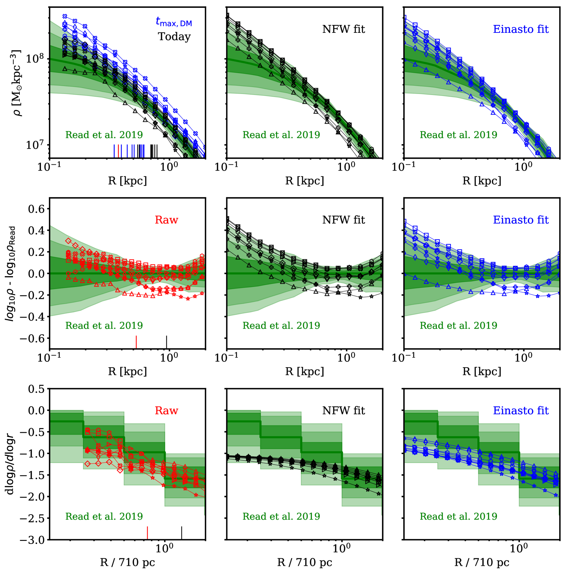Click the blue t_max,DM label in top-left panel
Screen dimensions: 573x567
[174, 22]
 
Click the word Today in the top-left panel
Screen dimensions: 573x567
[174, 37]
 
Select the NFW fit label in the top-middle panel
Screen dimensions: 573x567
[343, 29]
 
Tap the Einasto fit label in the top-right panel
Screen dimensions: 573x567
[521, 29]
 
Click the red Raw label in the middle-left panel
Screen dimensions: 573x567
[167, 220]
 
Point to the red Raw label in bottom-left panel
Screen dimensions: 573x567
[167, 410]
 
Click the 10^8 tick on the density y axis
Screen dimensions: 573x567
[35, 59]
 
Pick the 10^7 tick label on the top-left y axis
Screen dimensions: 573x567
[35, 145]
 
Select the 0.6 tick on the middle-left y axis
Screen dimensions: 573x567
[37, 209]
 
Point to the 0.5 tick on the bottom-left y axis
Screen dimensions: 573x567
[37, 389]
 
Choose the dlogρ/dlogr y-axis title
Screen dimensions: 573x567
[10, 464]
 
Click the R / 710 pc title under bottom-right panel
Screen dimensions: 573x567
[482, 562]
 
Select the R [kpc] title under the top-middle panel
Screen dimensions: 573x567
[304, 180]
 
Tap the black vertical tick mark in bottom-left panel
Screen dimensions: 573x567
[182, 533]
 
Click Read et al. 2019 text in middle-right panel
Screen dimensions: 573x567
[458, 325]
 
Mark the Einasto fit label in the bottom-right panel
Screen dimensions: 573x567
[521, 410]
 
